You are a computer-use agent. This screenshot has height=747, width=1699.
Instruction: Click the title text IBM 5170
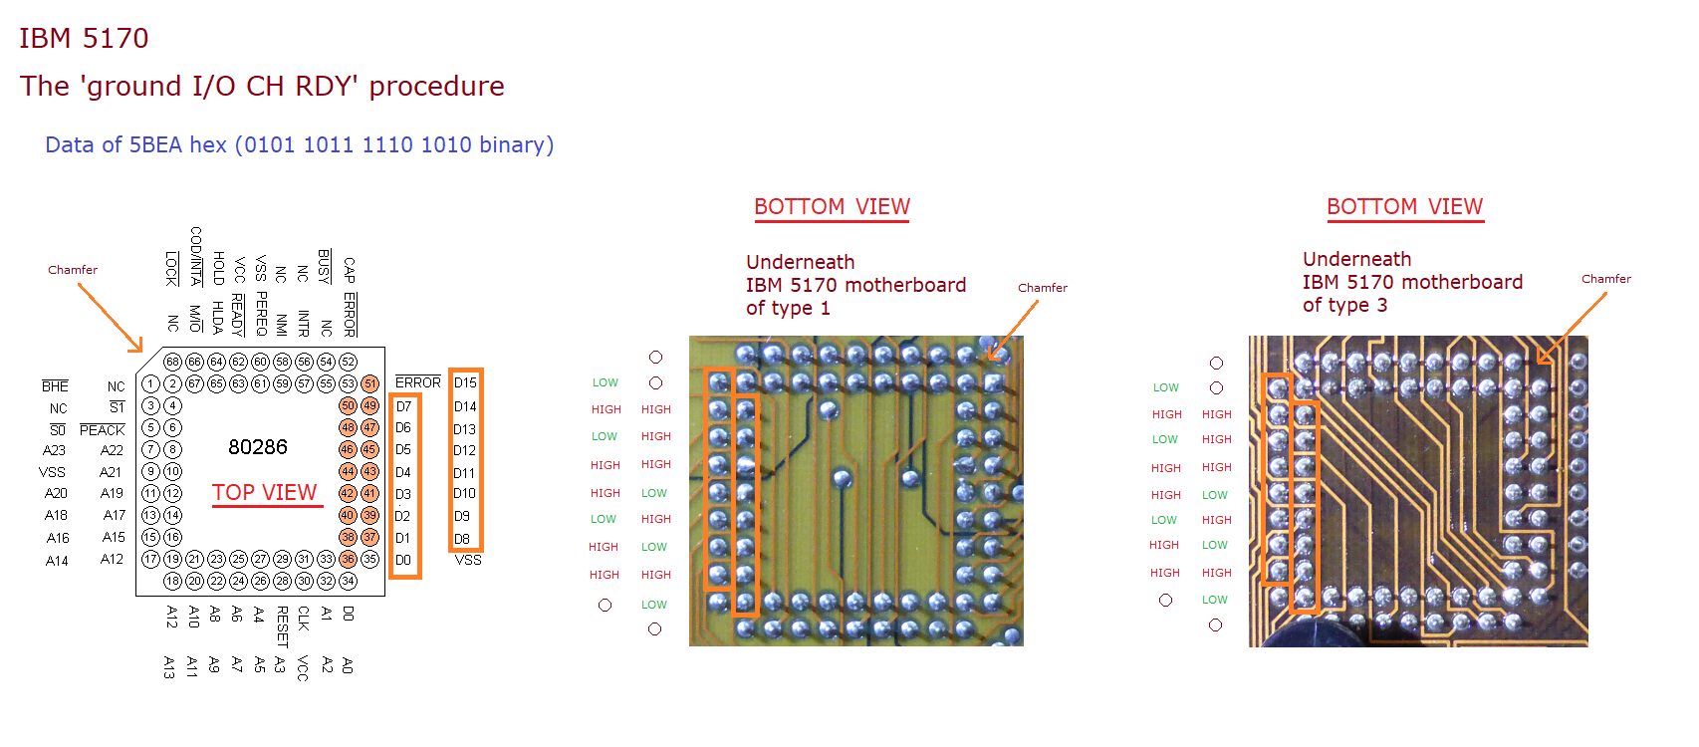[84, 38]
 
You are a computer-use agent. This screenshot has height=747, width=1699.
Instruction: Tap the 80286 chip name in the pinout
[258, 447]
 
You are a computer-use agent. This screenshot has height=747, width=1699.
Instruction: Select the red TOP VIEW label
[265, 493]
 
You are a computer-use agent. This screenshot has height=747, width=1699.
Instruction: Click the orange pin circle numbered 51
[370, 383]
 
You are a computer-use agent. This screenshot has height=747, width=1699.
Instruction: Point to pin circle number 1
[150, 383]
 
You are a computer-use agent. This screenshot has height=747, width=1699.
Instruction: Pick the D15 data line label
[465, 382]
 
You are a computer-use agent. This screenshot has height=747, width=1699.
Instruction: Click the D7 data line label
[403, 406]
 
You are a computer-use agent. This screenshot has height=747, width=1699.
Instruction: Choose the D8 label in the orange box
[462, 539]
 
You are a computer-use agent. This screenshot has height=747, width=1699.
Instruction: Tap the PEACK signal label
[103, 430]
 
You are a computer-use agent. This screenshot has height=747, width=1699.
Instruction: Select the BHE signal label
[55, 386]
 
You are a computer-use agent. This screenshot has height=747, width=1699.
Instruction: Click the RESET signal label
[282, 625]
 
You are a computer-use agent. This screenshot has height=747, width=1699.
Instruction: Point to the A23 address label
[54, 450]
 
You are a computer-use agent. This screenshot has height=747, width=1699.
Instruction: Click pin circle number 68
[172, 362]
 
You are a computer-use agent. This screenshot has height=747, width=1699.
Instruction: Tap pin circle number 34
[348, 581]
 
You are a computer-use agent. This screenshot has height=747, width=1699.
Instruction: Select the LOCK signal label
[171, 268]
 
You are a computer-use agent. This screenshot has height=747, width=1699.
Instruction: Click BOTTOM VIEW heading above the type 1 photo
[832, 207]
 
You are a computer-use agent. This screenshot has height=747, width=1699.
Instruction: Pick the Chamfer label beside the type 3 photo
[1605, 279]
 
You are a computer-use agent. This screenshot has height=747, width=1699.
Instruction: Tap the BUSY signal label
[325, 266]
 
